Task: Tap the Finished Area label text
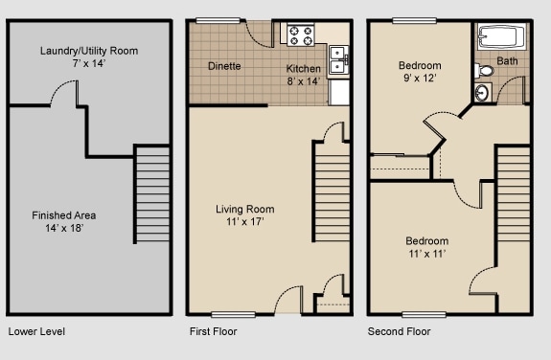coord(63,222)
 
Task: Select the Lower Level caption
coord(35,332)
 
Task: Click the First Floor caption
coord(213,332)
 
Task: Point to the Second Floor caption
coord(400,332)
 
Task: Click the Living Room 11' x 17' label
coord(244,215)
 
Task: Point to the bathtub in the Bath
coord(500,39)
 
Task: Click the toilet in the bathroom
coord(485,70)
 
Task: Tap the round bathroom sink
coord(481,92)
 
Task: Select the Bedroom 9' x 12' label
coord(419,73)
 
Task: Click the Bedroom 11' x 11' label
coord(425,247)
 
